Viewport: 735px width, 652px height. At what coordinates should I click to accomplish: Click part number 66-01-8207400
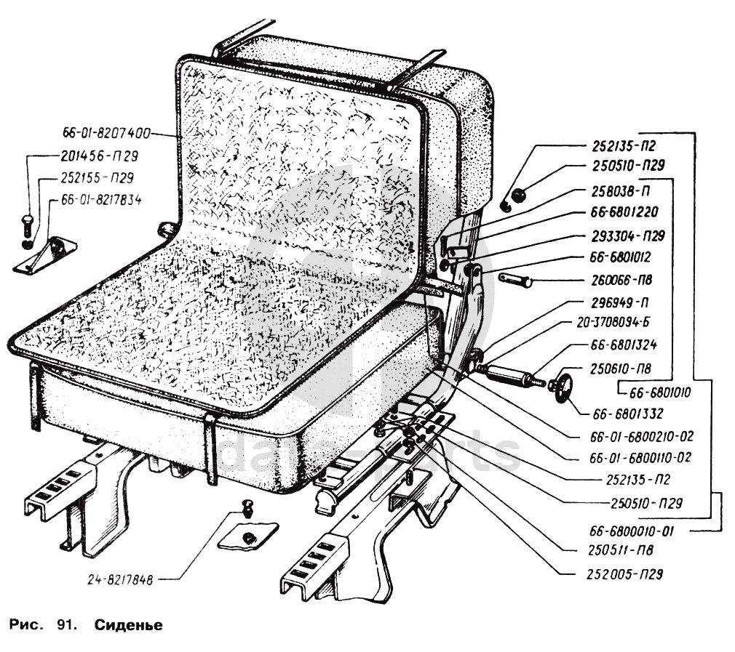(x=105, y=134)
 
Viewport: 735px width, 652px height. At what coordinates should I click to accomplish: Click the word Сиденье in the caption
(x=127, y=625)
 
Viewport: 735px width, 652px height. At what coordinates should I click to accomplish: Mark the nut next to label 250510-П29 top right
(x=519, y=196)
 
